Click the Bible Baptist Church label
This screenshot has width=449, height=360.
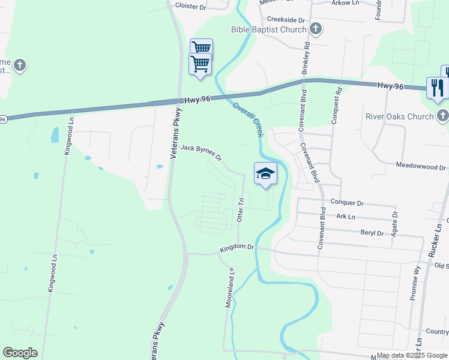tap(268, 29)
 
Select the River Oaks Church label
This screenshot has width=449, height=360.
tap(399, 116)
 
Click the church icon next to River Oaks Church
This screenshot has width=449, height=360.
tap(442, 115)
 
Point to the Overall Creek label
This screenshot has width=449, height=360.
tap(248, 118)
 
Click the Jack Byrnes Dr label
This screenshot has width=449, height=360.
tap(201, 152)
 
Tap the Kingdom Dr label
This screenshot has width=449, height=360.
tap(237, 247)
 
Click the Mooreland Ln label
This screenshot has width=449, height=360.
tap(229, 288)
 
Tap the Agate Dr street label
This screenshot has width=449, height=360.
tap(394, 223)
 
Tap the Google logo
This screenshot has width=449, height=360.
tap(20, 353)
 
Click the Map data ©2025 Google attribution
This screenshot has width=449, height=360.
tap(411, 355)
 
